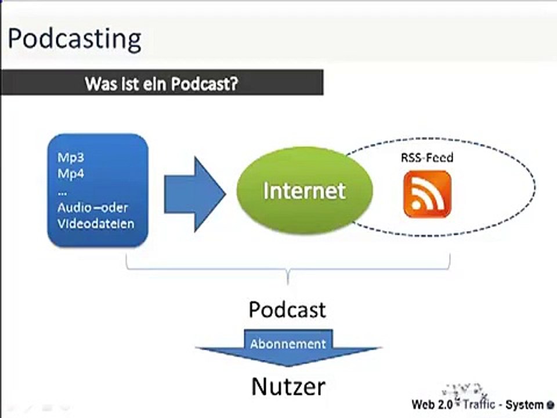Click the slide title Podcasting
tap(75, 39)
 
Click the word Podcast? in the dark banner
tap(204, 84)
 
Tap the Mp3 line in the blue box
tap(71, 157)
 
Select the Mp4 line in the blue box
tap(71, 174)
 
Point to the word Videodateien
tap(96, 224)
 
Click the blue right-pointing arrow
tap(195, 194)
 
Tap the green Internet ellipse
tap(305, 190)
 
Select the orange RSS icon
tap(428, 194)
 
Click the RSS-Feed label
tap(427, 157)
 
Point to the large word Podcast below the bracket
tap(287, 309)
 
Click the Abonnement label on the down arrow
tap(288, 344)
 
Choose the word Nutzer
tap(288, 387)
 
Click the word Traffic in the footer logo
tap(479, 404)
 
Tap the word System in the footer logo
tap(525, 405)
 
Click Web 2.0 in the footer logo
tap(432, 405)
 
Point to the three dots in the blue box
tap(62, 194)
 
